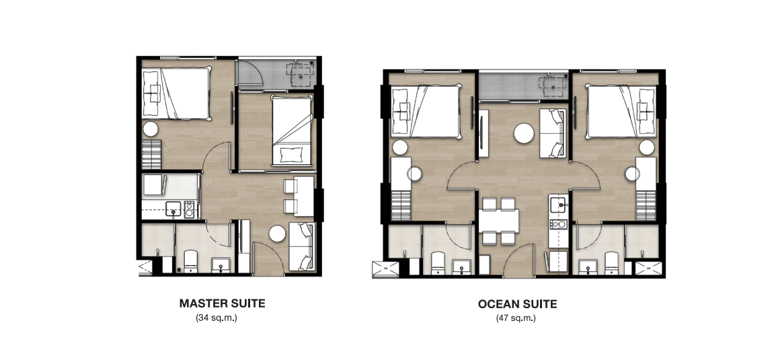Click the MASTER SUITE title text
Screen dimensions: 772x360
coord(222,303)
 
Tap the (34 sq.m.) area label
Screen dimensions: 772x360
coord(217,318)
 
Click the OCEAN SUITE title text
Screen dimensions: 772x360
coord(517,304)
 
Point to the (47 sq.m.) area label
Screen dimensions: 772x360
coord(516,318)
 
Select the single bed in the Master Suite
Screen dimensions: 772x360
coord(293,131)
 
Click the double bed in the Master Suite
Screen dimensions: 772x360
coord(176,94)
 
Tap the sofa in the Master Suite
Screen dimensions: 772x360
coord(301,246)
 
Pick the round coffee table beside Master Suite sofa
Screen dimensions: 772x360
coord(277,233)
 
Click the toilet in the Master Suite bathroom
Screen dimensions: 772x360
coord(190,262)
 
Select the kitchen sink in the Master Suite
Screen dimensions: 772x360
coord(173,209)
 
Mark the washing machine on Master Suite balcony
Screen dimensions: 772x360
coord(300,75)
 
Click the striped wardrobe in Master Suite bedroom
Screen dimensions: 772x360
coord(152,155)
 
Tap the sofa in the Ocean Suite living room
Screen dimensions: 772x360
coord(552,133)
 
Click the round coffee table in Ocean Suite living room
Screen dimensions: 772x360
coord(524,133)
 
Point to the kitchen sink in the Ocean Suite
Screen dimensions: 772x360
coord(558,203)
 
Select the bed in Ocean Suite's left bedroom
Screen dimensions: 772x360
coord(426,111)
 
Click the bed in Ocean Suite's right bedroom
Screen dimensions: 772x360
coord(621,111)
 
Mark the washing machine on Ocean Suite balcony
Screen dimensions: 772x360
coord(551,86)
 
